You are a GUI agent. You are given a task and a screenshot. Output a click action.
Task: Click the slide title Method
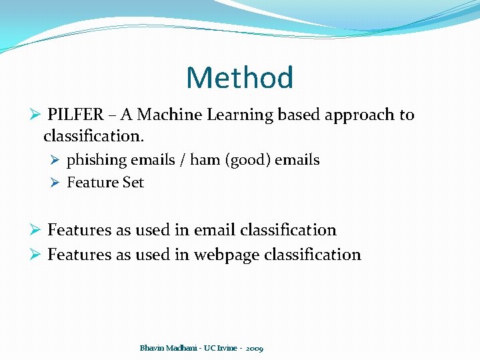click(240, 78)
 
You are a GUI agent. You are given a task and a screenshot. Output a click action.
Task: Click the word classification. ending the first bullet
click(94, 137)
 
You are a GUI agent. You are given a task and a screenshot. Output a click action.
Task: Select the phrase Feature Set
click(105, 183)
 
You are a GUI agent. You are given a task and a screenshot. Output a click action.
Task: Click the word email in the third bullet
click(215, 230)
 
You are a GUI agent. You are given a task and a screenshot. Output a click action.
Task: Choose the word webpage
click(227, 255)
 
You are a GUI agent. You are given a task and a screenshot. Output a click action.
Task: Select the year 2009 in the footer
click(254, 349)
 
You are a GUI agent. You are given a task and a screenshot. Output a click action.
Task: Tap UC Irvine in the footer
click(220, 348)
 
